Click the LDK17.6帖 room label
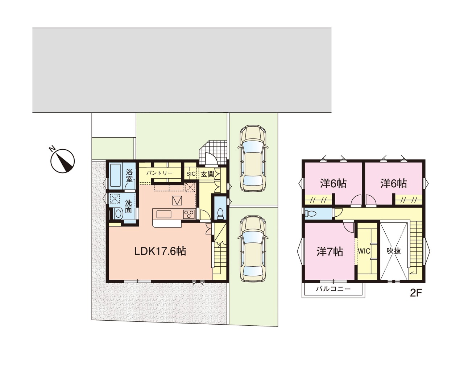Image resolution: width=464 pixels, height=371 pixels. (160, 251)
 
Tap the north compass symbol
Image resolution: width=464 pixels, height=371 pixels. (62, 161)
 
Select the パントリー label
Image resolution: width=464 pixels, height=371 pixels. (159, 173)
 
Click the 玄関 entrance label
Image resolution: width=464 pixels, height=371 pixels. (207, 174)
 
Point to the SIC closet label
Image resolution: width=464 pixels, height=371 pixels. (191, 174)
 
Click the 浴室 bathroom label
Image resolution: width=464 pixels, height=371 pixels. (129, 176)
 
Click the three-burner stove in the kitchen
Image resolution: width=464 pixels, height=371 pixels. (188, 214)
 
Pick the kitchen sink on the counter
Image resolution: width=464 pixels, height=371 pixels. (164, 214)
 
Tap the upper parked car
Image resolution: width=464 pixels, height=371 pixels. (253, 158)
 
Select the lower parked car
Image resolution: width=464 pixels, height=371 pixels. (253, 249)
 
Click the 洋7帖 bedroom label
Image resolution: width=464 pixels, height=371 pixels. (330, 251)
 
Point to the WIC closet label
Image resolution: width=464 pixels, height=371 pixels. (364, 251)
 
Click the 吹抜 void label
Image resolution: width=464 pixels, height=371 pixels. (394, 251)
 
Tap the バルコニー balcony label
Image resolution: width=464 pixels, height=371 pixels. (333, 289)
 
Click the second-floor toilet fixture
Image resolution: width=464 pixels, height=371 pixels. (311, 214)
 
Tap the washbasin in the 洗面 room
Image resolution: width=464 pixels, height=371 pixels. (119, 214)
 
